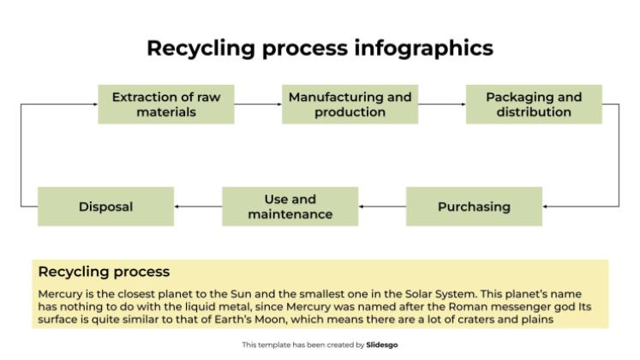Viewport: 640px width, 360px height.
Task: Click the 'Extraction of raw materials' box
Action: click(x=165, y=104)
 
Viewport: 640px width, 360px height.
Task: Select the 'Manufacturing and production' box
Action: click(x=350, y=104)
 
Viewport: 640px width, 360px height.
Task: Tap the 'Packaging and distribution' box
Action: click(x=533, y=104)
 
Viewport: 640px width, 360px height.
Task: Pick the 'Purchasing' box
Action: click(x=474, y=207)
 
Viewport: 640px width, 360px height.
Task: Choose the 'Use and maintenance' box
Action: click(x=290, y=207)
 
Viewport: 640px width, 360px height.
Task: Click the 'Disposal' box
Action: click(x=105, y=207)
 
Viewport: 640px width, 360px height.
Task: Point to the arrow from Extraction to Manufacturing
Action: click(x=257, y=104)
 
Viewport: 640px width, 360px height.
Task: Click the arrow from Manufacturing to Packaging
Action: click(x=441, y=104)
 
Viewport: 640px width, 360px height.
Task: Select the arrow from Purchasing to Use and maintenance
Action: click(x=382, y=207)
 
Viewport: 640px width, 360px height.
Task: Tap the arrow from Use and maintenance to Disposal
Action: click(x=198, y=207)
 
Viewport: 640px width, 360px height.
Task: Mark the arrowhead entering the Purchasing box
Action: click(x=546, y=207)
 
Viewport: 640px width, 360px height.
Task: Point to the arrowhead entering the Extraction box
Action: click(x=94, y=104)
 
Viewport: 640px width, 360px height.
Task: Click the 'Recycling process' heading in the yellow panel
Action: click(x=104, y=272)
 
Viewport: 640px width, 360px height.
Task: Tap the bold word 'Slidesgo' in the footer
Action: click(x=381, y=345)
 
